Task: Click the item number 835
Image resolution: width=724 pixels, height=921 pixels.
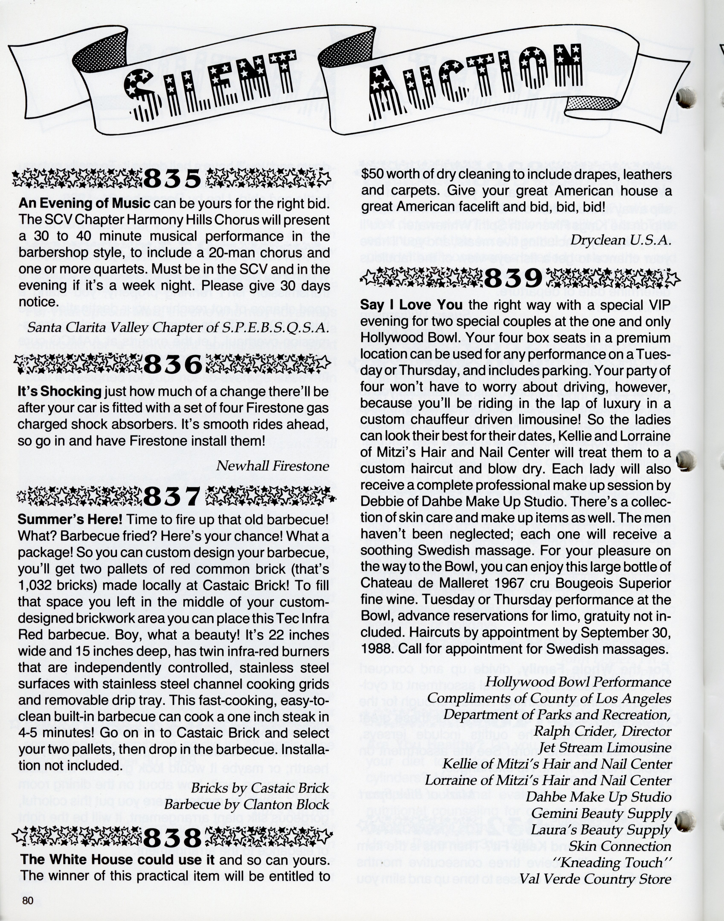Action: coord(173,179)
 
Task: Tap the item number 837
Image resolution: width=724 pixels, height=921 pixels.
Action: coord(172,496)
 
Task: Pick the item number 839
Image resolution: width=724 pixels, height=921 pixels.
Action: coord(513,278)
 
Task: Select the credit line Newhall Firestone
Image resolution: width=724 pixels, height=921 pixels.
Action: coord(273,466)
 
